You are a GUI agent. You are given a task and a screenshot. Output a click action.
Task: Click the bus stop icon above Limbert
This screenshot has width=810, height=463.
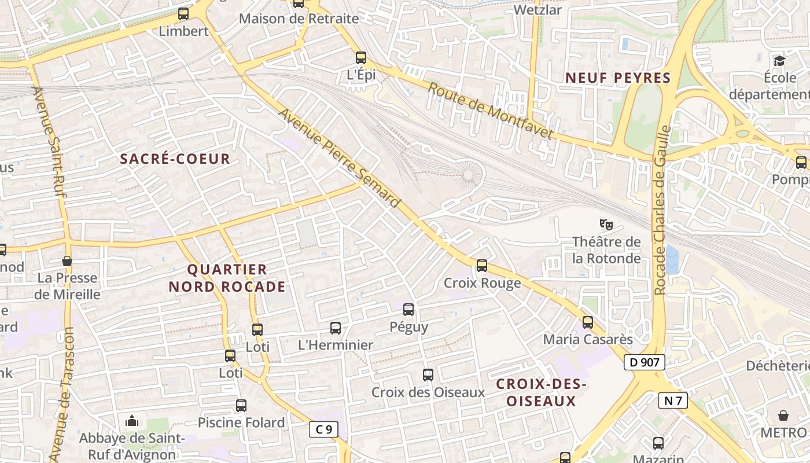183,13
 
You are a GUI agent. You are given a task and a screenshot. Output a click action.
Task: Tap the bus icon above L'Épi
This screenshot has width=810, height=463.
361,57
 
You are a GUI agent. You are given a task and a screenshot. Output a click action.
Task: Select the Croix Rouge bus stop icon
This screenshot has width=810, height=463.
482,266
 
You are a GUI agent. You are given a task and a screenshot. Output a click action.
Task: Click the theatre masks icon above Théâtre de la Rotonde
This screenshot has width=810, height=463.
606,223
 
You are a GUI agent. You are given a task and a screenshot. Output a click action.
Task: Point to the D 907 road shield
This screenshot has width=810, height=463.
644,363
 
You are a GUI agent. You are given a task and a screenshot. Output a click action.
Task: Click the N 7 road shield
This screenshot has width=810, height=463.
673,400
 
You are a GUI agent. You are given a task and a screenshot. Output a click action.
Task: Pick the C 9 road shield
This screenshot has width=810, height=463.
323,429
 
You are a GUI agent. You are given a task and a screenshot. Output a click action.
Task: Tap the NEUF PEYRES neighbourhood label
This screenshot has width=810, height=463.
618,78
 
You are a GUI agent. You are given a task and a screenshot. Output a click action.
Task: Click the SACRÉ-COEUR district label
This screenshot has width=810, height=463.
175,159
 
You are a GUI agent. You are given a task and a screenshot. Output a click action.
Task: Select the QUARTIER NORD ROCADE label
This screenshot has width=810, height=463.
227,278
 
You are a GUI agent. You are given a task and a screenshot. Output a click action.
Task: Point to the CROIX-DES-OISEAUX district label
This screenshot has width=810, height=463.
542,392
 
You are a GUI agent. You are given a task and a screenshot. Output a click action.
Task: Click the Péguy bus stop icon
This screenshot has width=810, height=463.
408,310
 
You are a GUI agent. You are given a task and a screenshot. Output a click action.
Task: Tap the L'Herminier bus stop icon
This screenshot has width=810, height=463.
336,328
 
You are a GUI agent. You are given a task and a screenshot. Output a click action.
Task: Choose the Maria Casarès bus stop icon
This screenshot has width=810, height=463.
588,322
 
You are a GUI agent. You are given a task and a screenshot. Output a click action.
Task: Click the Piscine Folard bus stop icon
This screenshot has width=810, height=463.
241,406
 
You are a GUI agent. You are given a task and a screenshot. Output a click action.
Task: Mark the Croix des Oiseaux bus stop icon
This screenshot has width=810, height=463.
428,375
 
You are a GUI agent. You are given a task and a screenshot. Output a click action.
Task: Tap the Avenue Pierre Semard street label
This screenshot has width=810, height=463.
340,158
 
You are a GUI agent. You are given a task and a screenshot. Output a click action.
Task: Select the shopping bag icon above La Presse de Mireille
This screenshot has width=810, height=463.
67,261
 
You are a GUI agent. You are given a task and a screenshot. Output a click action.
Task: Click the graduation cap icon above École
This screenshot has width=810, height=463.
780,60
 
